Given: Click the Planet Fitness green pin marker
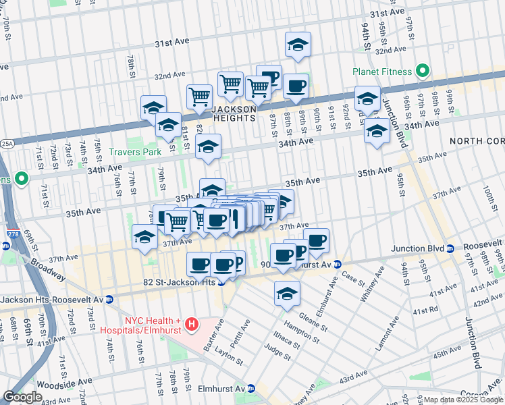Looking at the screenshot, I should (x=423, y=71).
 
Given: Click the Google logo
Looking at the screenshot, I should (x=23, y=397).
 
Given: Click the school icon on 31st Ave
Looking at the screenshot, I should (x=298, y=45).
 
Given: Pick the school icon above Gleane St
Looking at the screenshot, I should (x=287, y=294).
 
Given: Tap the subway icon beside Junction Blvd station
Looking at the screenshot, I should (x=450, y=248).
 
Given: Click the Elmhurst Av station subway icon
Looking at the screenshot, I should (x=250, y=389).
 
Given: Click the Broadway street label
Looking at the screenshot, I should (x=48, y=268).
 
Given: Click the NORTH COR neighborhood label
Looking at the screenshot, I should (x=477, y=140).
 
